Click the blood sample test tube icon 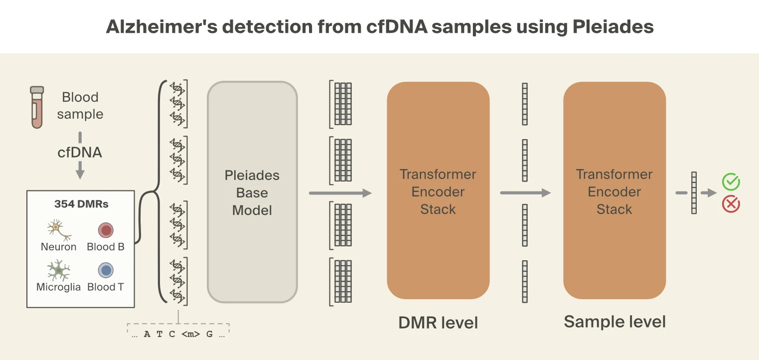pyautogui.click(x=37, y=107)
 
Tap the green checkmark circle pyautogui.click(x=731, y=182)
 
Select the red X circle pyautogui.click(x=731, y=204)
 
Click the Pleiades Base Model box pyautogui.click(x=252, y=192)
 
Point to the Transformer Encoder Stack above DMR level pyautogui.click(x=438, y=191)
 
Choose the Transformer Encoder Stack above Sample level pyautogui.click(x=614, y=191)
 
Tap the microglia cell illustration pyautogui.click(x=58, y=270)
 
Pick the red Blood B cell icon pyautogui.click(x=106, y=230)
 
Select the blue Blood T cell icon pyautogui.click(x=106, y=270)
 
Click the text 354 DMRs pyautogui.click(x=81, y=204)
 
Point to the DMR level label pyautogui.click(x=438, y=323)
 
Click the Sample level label pyautogui.click(x=614, y=322)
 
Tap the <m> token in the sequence pyautogui.click(x=190, y=334)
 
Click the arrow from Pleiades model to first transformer pyautogui.click(x=340, y=193)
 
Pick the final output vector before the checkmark pyautogui.click(x=694, y=193)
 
